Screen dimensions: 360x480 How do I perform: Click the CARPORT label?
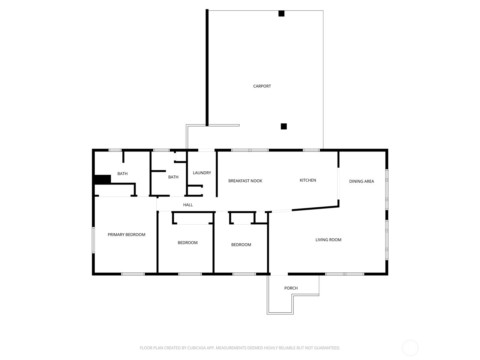click(x=262, y=86)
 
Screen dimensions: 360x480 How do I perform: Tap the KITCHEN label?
click(x=308, y=180)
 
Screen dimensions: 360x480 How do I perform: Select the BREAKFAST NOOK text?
click(x=245, y=181)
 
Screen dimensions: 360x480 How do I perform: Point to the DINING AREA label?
click(x=361, y=181)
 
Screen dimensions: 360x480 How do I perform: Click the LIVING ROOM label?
click(x=328, y=240)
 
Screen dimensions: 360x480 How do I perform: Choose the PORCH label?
click(x=291, y=288)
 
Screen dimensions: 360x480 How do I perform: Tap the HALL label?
click(x=188, y=205)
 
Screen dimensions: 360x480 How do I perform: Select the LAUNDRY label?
click(x=202, y=173)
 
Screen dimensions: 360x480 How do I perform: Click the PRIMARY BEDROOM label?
click(x=126, y=235)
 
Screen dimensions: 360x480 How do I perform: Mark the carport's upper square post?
click(x=281, y=13)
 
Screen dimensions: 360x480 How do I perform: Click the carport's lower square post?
click(x=284, y=126)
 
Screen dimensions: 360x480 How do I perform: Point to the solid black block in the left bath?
click(x=103, y=179)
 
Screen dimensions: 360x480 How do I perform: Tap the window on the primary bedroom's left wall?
click(x=93, y=240)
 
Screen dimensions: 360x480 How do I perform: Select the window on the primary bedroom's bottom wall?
click(x=133, y=274)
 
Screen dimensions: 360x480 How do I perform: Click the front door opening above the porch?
click(x=279, y=274)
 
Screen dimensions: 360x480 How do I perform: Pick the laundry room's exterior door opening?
click(x=206, y=150)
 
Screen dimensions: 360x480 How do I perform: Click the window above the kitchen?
click(x=311, y=150)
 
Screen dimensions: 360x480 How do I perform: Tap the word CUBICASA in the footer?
click(x=198, y=348)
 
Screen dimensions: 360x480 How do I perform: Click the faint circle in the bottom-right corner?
click(x=410, y=348)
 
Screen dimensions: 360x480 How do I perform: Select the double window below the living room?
click(x=344, y=274)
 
